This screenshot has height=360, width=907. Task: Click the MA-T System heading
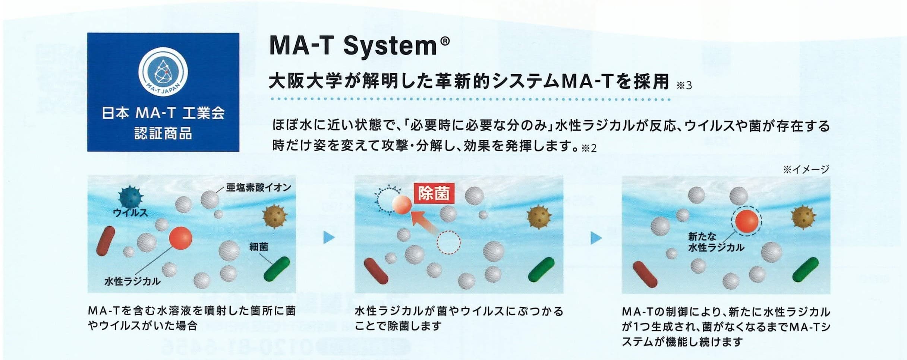(x=359, y=46)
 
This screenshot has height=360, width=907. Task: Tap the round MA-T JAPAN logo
(x=163, y=71)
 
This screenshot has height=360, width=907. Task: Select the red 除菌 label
(x=434, y=193)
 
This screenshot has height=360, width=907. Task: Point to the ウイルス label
(x=130, y=213)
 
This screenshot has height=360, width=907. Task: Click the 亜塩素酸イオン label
(x=259, y=187)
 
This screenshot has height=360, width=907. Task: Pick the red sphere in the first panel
(x=180, y=238)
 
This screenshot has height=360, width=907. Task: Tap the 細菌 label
(x=259, y=246)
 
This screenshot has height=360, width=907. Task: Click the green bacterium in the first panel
(x=277, y=269)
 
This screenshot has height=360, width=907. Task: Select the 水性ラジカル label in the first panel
(x=133, y=281)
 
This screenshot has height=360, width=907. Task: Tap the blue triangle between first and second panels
(x=329, y=237)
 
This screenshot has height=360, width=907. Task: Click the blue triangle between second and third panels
(x=596, y=238)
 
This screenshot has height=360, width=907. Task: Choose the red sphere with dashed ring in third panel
(x=746, y=221)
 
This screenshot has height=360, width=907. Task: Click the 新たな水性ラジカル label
(x=716, y=242)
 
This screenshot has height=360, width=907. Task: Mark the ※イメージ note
(x=806, y=169)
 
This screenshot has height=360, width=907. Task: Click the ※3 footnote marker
(x=684, y=86)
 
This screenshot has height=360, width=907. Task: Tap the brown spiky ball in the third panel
(x=804, y=217)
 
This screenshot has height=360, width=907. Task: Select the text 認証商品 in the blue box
(x=163, y=133)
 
